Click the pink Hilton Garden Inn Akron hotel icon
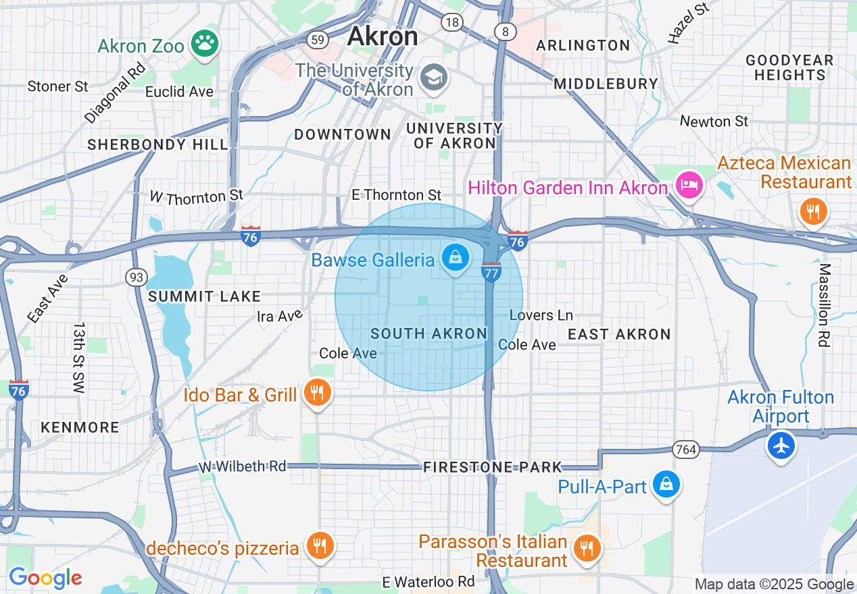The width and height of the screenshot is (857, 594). coord(689,184)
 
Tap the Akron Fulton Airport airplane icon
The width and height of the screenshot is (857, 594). coord(781,446)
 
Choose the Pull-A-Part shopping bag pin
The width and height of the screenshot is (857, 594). coord(666,484)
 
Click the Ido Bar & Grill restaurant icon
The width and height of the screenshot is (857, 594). coord(316,392)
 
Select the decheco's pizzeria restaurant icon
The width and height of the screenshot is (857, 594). coord(318,545)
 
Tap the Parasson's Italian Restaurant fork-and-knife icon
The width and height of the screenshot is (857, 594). coord(587,549)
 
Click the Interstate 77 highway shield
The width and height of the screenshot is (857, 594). coord(491,272)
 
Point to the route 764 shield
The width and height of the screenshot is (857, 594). coord(685,449)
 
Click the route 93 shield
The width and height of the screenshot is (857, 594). coord(135,276)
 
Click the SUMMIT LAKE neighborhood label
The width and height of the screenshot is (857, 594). coord(204,296)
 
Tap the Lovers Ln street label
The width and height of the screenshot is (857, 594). coord(541,315)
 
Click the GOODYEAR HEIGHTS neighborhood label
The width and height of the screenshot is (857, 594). coord(789,67)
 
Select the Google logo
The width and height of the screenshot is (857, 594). coord(45,578)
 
